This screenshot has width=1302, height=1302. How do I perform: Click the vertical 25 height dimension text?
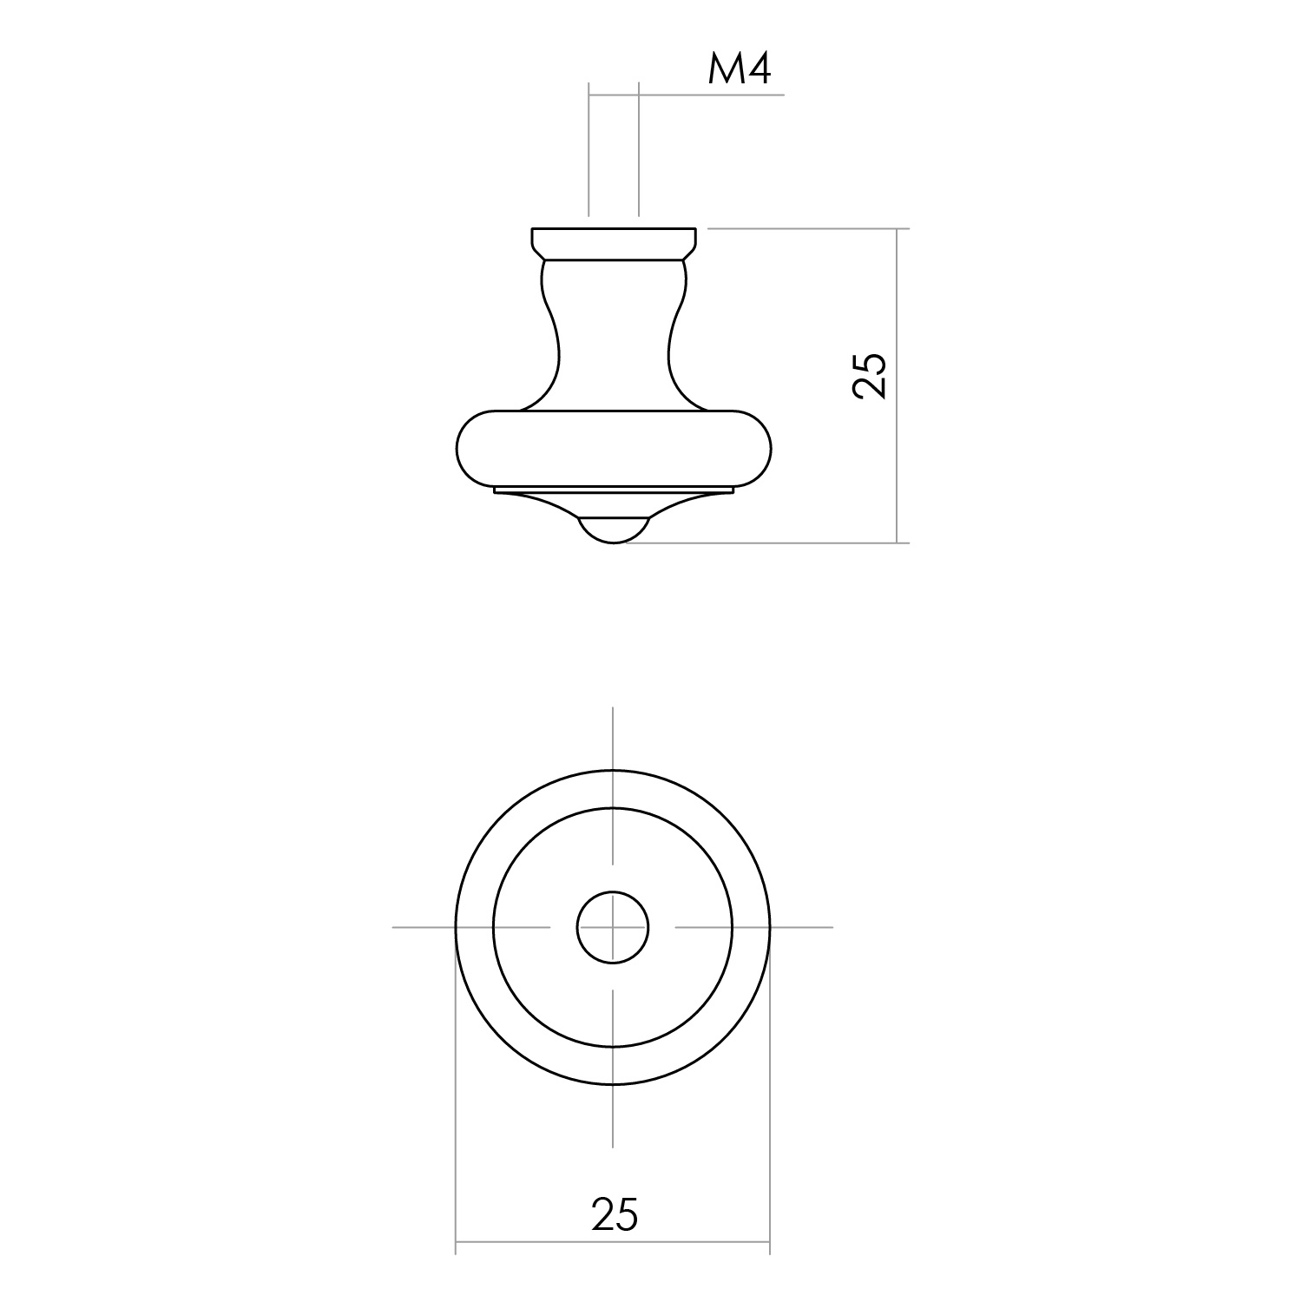(870, 376)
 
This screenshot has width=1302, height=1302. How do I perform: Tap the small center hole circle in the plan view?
(613, 927)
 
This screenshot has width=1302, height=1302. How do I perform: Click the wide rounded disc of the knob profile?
(614, 446)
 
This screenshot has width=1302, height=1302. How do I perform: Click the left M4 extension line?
(589, 148)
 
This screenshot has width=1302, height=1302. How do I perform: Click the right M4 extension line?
(639, 148)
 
